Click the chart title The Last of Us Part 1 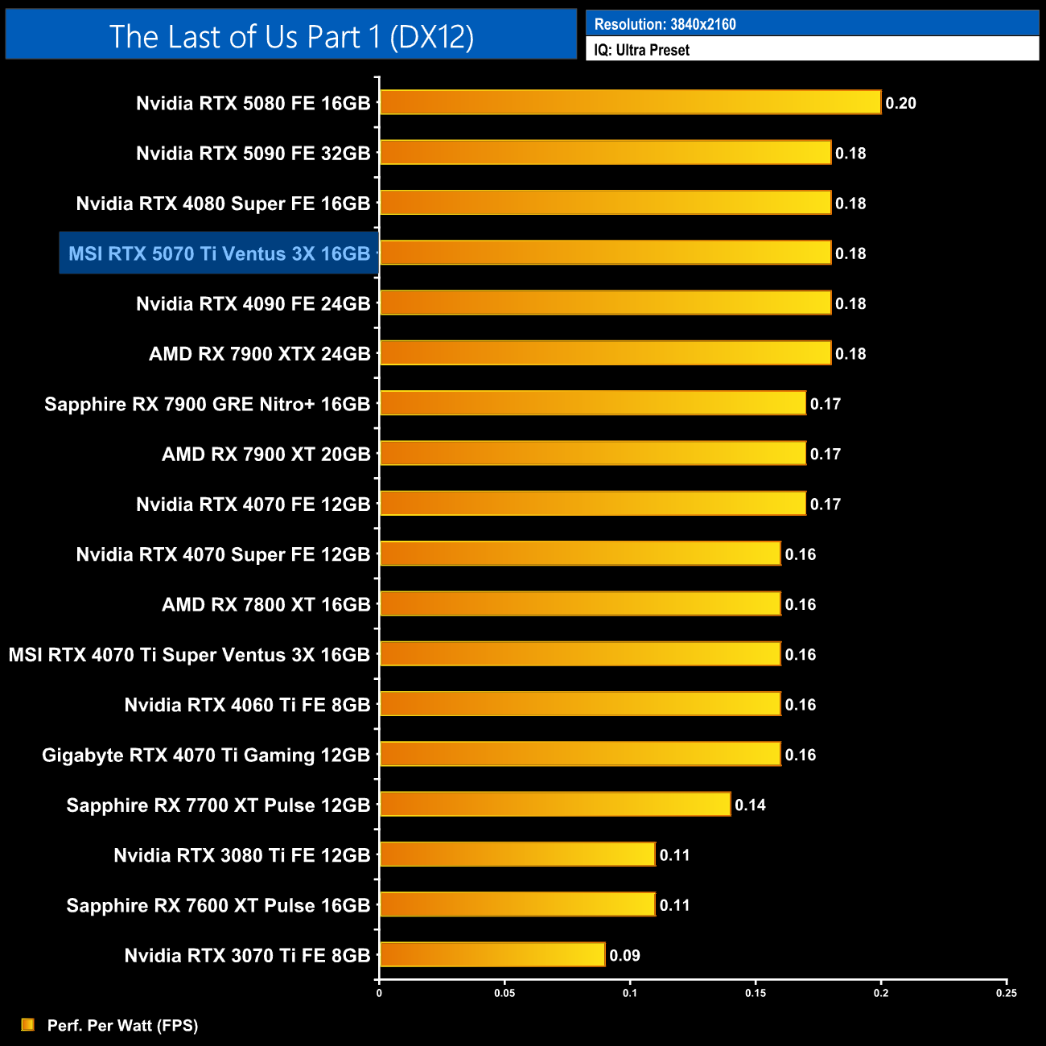(x=291, y=36)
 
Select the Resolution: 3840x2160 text (x=665, y=24)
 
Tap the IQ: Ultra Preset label (x=641, y=50)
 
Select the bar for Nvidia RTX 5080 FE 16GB (x=630, y=102)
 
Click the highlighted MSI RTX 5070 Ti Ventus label (x=219, y=253)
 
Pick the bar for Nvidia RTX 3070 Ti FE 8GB (x=492, y=955)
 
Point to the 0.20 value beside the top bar (x=900, y=103)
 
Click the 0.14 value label (x=750, y=805)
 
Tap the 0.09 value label (x=624, y=956)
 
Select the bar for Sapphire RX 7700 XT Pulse (x=555, y=804)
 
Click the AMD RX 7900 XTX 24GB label (x=259, y=354)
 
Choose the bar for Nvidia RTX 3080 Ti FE (x=517, y=855)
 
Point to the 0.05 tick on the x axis (x=504, y=993)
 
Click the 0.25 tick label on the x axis (x=1006, y=993)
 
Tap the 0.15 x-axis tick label (x=756, y=993)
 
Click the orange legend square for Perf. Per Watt (x=27, y=1024)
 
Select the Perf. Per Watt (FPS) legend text (x=122, y=1025)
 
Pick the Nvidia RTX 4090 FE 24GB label (x=253, y=304)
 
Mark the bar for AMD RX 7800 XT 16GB (x=580, y=603)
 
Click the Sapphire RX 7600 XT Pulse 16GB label (x=218, y=906)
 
